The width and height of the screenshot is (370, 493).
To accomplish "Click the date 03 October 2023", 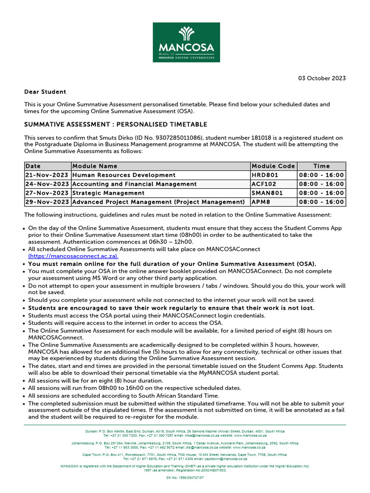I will pyautogui.click(x=322, y=78).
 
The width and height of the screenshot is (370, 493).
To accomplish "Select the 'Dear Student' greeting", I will pyautogui.click(x=45, y=91).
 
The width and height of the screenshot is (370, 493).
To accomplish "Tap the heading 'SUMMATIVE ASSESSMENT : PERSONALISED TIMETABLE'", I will pyautogui.click(x=116, y=125).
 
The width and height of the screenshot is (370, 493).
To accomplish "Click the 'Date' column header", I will pyautogui.click(x=33, y=166).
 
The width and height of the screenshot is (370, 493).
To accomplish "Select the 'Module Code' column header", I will pyautogui.click(x=273, y=166).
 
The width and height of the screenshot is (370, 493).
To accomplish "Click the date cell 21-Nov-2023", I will pyautogui.click(x=47, y=175).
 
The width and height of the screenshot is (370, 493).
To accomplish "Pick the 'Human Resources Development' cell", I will pyautogui.click(x=124, y=175).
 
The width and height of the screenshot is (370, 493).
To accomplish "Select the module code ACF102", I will pyautogui.click(x=265, y=184).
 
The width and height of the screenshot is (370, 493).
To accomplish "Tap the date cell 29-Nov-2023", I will pyautogui.click(x=47, y=201).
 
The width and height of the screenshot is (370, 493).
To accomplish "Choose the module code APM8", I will pyautogui.click(x=261, y=201).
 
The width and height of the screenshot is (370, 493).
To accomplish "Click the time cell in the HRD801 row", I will pyautogui.click(x=321, y=175).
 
